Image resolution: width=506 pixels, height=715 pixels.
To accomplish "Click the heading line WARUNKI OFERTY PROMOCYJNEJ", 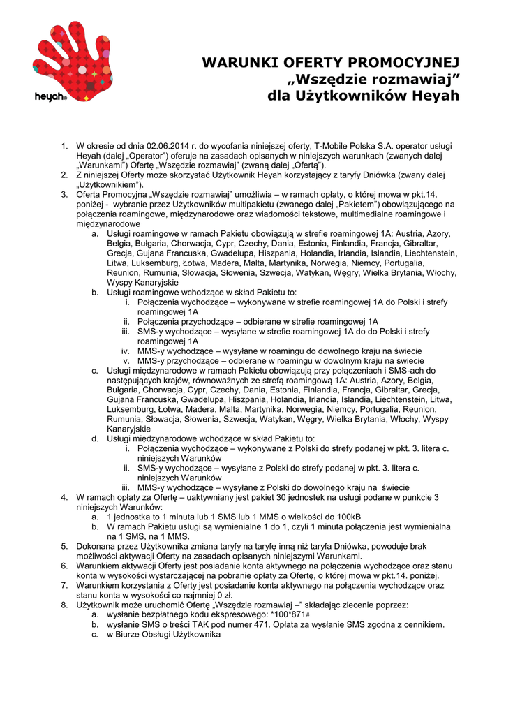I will [x=330, y=63].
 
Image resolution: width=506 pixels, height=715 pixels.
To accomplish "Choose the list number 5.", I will [x=64, y=546].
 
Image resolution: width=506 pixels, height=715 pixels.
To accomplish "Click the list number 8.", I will [x=64, y=605].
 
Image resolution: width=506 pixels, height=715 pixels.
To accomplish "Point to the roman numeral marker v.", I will [x=127, y=360].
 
